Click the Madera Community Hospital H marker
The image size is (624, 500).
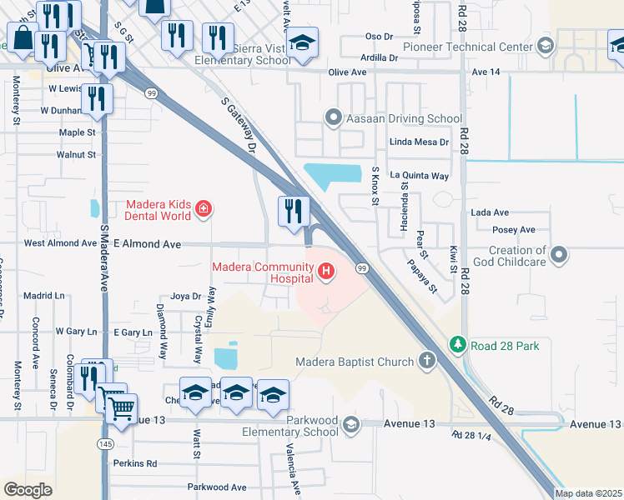pos(326,271)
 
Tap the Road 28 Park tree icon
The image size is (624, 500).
pos(457,344)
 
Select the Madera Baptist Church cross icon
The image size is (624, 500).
pos(427,361)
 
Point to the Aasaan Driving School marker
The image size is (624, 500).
pos(334,118)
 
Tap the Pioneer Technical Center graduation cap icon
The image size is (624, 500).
pos(546,44)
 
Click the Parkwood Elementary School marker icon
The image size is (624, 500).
pos(351,425)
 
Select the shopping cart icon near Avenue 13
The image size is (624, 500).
pos(121,408)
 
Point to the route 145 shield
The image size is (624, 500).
pos(104,445)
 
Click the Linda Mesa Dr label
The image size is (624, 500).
pos(419,142)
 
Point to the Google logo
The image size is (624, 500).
pos(28,489)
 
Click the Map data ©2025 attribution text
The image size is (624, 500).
pos(588,493)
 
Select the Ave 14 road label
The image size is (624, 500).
pos(486,72)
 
